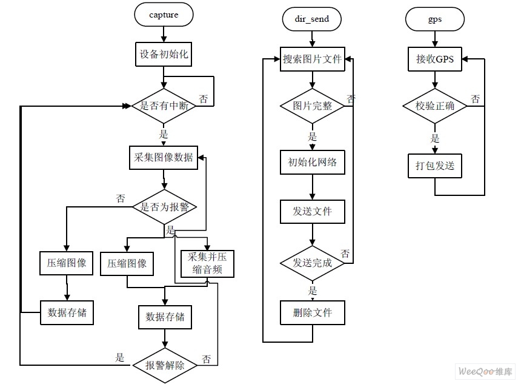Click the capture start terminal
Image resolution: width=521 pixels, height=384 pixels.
(x=164, y=15)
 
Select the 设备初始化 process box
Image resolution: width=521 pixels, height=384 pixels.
(x=164, y=55)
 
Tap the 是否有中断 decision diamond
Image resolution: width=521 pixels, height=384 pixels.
(x=164, y=106)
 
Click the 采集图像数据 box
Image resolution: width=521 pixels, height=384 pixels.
(x=164, y=157)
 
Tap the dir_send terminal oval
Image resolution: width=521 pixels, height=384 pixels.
(x=312, y=19)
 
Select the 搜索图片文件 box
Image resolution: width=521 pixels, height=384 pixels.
(x=312, y=59)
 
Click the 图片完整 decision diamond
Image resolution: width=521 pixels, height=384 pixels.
(x=312, y=106)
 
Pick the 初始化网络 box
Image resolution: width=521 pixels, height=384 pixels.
(x=312, y=162)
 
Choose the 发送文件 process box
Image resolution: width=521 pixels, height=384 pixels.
(x=312, y=212)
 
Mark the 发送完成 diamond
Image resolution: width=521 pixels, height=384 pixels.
(x=312, y=263)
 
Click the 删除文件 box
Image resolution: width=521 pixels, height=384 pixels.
(x=312, y=313)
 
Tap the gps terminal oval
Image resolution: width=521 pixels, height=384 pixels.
(x=434, y=19)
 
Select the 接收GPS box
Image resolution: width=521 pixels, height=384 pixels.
(x=434, y=59)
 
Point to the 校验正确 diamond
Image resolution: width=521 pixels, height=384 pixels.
(x=434, y=106)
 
